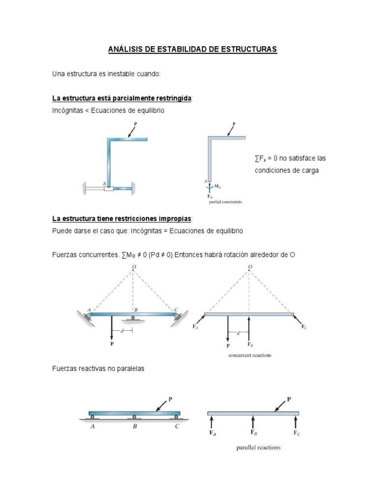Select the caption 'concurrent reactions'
250,355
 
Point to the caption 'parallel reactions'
258,447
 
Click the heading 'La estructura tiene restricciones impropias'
122,218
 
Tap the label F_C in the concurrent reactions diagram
305,326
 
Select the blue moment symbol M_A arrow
210,187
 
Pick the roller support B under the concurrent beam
133,318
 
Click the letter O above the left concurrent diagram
134,267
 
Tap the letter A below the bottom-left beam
92,427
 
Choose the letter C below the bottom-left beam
177,427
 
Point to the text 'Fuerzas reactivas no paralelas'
98,368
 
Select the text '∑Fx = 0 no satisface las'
290,159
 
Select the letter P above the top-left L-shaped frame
135,125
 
